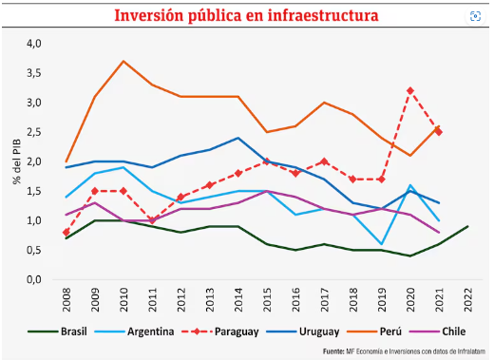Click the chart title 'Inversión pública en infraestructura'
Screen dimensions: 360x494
(x=247, y=16)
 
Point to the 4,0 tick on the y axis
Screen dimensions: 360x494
(x=34, y=44)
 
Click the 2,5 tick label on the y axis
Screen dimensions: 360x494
(x=34, y=132)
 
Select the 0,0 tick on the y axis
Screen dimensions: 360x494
(x=34, y=280)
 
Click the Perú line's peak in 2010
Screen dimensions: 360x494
(x=123, y=61)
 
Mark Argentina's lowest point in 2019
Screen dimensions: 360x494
(x=380, y=244)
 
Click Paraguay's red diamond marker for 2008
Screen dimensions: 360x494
(x=66, y=233)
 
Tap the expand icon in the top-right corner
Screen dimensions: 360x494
(x=475, y=16)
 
